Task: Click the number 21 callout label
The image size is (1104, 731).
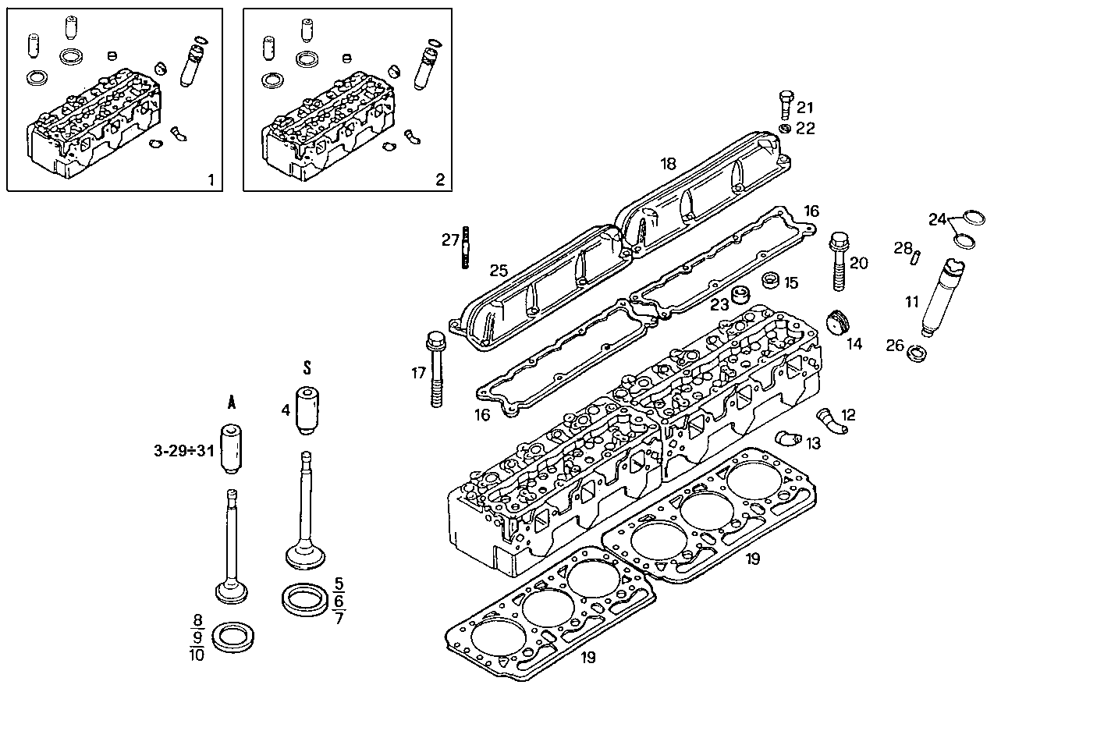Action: click(805, 108)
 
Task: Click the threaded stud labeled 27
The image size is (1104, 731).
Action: click(465, 247)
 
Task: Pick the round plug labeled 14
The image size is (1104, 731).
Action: click(836, 321)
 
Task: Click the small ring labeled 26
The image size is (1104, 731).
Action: click(918, 353)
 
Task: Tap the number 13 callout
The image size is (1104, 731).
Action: click(813, 443)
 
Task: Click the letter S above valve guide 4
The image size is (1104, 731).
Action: click(307, 367)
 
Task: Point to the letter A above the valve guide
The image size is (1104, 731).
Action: click(232, 403)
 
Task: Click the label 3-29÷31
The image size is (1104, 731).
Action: click(183, 450)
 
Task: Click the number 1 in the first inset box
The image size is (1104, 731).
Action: click(210, 180)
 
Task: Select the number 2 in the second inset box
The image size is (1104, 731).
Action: click(440, 180)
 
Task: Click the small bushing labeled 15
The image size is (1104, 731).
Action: click(771, 279)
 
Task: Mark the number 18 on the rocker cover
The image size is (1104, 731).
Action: click(668, 163)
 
